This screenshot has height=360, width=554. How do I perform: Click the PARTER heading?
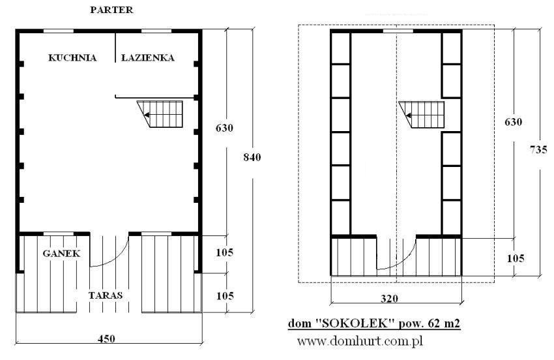111,10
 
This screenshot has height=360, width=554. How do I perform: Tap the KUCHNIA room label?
72,57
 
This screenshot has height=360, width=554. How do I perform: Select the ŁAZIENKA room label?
148,57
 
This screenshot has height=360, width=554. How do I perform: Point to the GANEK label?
61,253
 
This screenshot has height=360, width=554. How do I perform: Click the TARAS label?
106,295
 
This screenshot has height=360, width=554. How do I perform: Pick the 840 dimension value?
252,157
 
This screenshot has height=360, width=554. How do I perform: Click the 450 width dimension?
106,338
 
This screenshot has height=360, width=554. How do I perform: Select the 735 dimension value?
538,149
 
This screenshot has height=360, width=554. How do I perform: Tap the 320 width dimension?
389,299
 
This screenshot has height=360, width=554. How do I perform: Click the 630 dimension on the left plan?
225,128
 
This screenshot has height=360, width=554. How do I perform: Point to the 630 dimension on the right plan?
514,122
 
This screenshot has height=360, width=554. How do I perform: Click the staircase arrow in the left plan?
147,115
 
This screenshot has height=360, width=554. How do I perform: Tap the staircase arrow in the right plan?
408,115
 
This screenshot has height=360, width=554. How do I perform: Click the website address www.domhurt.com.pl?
360,341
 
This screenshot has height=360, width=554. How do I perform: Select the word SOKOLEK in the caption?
357,323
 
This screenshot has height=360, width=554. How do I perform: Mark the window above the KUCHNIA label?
59,31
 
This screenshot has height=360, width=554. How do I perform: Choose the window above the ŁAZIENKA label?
156,31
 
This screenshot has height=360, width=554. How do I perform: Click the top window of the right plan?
398,31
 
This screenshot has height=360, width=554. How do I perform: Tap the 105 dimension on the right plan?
516,258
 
